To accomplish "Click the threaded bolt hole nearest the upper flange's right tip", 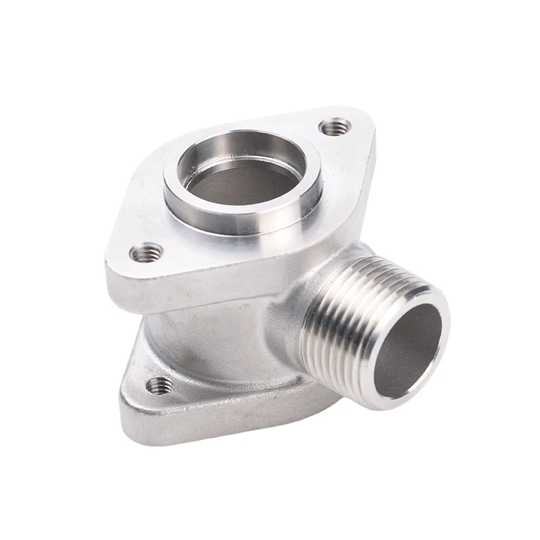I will (335, 126).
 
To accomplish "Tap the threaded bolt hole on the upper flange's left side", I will (146, 253).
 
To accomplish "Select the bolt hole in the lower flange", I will (160, 385).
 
